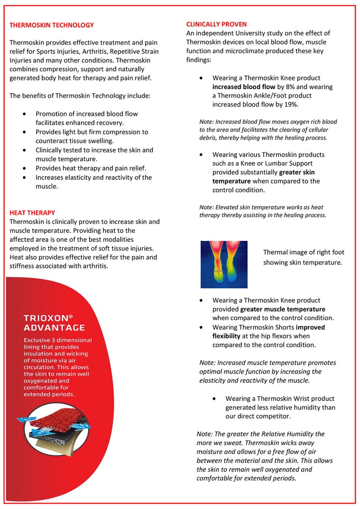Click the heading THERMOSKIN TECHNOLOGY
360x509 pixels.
click(52, 25)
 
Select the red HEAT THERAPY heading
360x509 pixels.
click(32, 213)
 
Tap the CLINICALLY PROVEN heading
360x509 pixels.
click(216, 24)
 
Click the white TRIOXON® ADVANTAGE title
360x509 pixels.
click(54, 323)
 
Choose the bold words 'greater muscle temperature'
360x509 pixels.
click(283, 309)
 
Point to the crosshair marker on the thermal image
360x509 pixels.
click(218, 272)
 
